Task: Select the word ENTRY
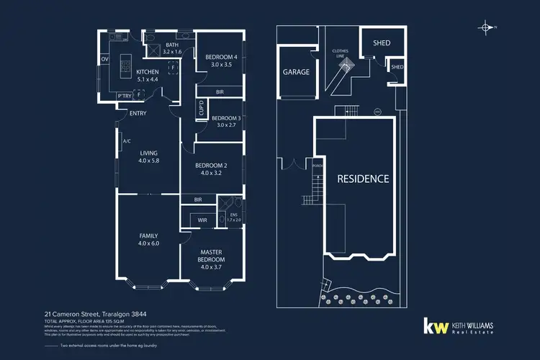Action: pyautogui.click(x=138, y=113)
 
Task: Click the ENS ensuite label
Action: pyautogui.click(x=233, y=217)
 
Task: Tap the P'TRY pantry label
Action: pyautogui.click(x=124, y=96)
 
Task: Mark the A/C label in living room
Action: pyautogui.click(x=126, y=141)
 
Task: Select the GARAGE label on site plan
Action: pyautogui.click(x=295, y=72)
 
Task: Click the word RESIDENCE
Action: pyautogui.click(x=364, y=179)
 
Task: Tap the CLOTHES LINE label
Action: pyautogui.click(x=340, y=53)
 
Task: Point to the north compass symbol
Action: pyautogui.click(x=487, y=28)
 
